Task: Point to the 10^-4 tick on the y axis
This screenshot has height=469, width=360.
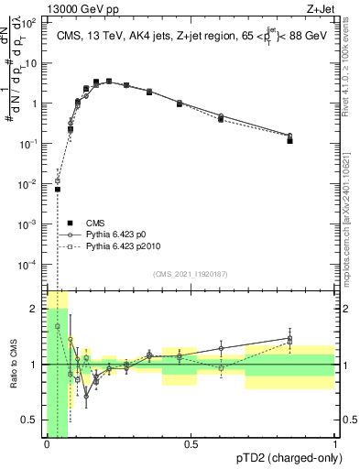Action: click(31, 264)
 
